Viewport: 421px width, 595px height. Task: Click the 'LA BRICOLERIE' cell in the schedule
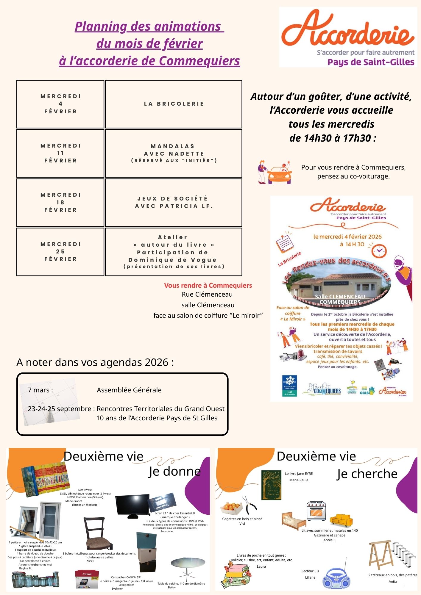[x=174, y=104]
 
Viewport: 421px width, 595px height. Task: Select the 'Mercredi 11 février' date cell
[x=60, y=153]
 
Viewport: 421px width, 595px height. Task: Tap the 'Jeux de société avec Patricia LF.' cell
[x=174, y=202]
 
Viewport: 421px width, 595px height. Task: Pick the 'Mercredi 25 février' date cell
[x=60, y=252]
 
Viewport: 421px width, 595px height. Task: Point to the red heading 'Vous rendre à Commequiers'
[x=208, y=286]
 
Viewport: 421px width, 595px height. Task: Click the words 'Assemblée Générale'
[x=129, y=390]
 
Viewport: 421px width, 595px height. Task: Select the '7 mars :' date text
[x=40, y=390]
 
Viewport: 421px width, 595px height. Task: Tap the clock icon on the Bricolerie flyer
[x=379, y=251]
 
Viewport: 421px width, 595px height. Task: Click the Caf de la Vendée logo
[x=289, y=386]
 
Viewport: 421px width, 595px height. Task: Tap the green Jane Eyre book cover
[x=271, y=485]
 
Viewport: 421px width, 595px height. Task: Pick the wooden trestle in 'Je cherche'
[x=380, y=555]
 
